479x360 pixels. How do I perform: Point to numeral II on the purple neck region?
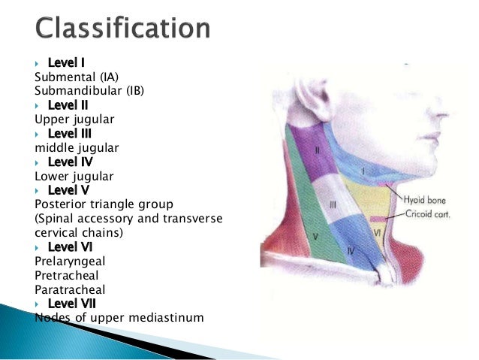(318, 151)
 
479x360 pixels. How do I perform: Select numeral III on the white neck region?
(332, 204)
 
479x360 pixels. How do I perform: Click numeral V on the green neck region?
(316, 236)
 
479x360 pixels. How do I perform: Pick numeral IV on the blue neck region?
(351, 248)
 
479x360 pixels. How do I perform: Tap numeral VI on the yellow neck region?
(378, 234)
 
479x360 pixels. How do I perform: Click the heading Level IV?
(69, 162)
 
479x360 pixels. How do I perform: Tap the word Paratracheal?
(68, 289)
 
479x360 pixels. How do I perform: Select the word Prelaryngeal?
(70, 261)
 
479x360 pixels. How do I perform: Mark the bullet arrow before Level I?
(38, 63)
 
